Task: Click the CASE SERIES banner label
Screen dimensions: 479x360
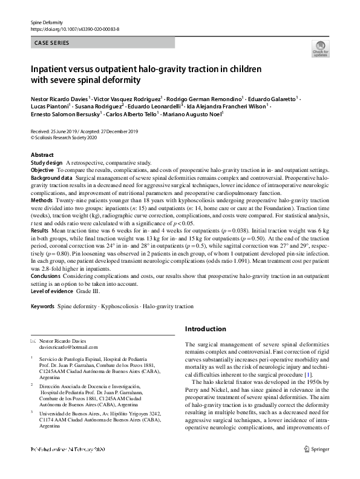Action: pos(51,43)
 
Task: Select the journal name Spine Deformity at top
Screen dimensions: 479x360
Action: pos(47,22)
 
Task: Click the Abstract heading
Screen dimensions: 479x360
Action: pos(42,155)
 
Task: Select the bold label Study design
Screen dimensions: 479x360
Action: pos(47,163)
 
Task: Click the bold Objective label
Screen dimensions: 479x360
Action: pos(42,171)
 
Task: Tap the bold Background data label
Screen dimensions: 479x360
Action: pos(52,179)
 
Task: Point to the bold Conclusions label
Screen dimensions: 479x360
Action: pos(46,276)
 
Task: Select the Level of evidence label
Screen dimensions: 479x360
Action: pos(52,291)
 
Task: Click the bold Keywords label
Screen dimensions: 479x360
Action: pos(42,306)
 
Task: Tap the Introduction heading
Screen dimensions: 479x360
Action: pos(205,329)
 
